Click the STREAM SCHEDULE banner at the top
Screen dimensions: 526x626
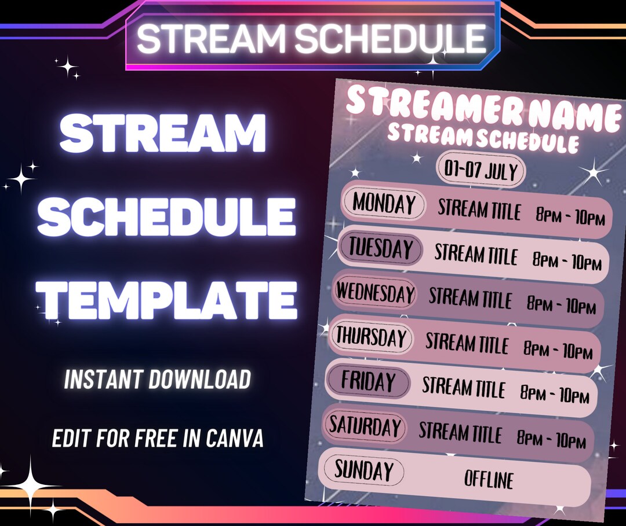(311, 38)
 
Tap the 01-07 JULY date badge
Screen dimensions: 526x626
(481, 171)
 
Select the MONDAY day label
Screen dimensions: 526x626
(383, 204)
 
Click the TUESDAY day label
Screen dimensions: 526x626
(380, 249)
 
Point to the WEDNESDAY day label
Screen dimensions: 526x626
(376, 293)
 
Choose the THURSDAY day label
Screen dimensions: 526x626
(372, 337)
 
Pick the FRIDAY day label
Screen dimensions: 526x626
(368, 382)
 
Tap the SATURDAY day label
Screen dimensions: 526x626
(365, 426)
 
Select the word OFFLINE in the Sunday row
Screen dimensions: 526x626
(489, 479)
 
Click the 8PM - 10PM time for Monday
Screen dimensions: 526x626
(570, 218)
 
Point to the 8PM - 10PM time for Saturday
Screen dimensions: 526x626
(551, 440)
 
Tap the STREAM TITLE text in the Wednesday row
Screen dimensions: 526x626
(470, 299)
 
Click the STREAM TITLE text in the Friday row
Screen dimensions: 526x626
(464, 387)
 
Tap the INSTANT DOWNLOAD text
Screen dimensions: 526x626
(158, 380)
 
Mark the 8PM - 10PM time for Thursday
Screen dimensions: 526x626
(558, 350)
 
